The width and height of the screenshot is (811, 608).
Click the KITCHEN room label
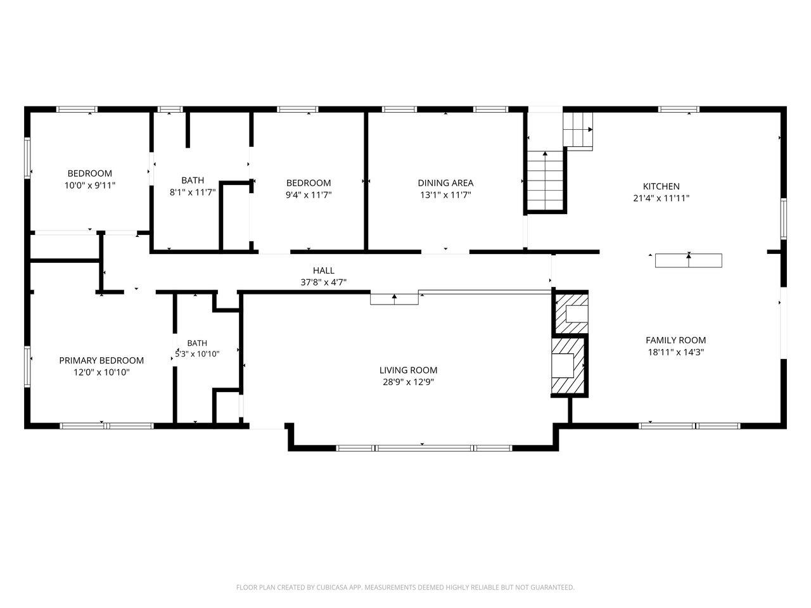[x=661, y=186]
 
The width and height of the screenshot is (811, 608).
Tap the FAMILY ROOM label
[x=675, y=340]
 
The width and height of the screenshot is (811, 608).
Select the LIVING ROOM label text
[x=408, y=370]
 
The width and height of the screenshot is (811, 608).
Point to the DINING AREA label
[x=445, y=183]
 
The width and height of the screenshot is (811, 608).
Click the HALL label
[x=324, y=270]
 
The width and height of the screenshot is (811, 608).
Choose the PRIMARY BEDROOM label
[x=101, y=360]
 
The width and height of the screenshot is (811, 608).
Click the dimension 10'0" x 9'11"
[x=90, y=186]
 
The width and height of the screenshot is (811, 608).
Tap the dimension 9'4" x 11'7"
[x=309, y=194]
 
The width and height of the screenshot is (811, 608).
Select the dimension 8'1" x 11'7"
[x=193, y=192]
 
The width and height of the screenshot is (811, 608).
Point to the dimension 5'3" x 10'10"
[x=197, y=354]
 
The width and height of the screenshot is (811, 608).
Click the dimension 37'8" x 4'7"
[x=323, y=282]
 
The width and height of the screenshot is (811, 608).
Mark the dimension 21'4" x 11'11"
[x=661, y=198]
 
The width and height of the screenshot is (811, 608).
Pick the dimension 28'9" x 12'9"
[x=408, y=382]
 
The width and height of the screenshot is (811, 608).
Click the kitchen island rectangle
[x=688, y=261]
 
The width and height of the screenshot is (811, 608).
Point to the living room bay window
[x=424, y=448]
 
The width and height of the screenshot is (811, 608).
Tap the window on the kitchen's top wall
[x=679, y=110]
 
